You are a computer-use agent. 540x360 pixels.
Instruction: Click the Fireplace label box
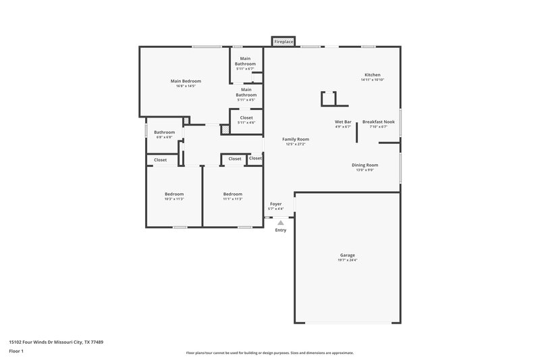(283, 42)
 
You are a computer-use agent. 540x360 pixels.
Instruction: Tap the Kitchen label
(373, 74)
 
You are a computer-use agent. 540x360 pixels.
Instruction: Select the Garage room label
(347, 255)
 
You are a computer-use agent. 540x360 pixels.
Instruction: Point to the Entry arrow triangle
(280, 222)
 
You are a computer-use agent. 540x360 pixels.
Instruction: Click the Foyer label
(276, 203)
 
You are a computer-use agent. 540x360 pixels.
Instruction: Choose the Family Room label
(296, 138)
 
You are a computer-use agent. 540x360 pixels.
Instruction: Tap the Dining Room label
(364, 165)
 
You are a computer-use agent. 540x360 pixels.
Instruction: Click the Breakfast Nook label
(378, 122)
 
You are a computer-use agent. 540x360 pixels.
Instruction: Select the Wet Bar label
(343, 122)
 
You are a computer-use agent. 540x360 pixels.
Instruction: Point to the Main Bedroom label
(186, 81)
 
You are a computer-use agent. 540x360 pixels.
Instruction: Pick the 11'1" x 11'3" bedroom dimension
(233, 199)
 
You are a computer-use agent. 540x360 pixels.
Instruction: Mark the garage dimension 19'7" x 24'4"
(347, 260)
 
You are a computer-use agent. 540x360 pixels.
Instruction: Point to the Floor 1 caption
(17, 351)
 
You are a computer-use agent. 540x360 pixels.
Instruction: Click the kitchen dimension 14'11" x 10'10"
(373, 80)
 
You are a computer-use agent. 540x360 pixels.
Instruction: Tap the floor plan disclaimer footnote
(269, 353)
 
